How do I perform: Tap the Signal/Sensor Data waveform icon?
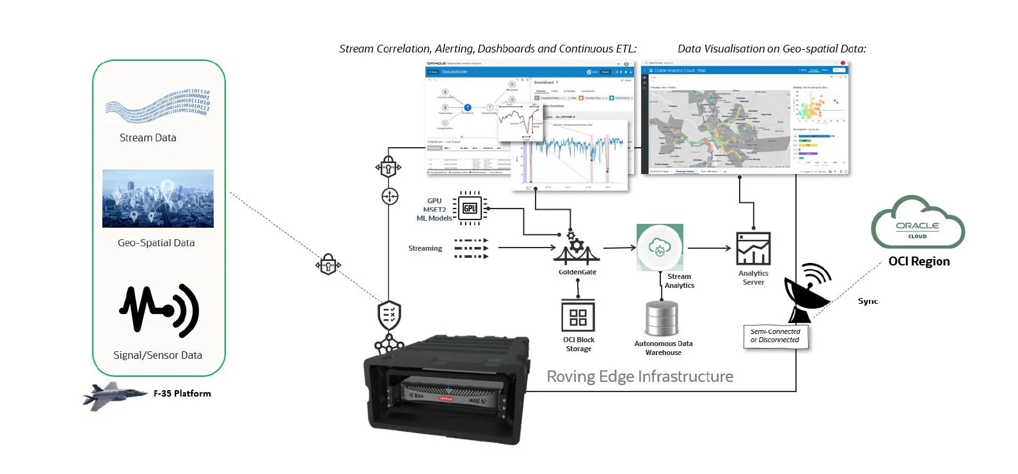[159, 311]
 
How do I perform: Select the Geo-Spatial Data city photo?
[158, 198]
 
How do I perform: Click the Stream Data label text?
[148, 138]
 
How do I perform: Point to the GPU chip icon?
[470, 208]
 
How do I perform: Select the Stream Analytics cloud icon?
[660, 248]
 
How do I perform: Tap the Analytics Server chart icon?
[753, 249]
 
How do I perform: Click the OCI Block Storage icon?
[578, 317]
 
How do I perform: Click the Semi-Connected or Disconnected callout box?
[775, 336]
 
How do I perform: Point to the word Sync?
[868, 301]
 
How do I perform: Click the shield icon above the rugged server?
[389, 315]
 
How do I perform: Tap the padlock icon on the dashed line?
[328, 264]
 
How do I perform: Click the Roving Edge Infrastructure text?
[639, 376]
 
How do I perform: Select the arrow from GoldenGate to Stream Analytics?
[619, 248]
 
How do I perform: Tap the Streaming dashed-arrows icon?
[471, 248]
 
